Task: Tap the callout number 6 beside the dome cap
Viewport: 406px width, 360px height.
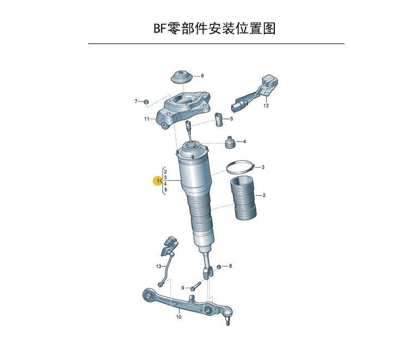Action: [202, 76]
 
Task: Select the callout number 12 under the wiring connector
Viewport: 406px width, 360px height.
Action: [266, 105]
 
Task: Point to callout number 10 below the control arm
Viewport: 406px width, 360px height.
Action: [179, 317]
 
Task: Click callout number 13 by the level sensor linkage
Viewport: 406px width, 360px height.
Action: [158, 266]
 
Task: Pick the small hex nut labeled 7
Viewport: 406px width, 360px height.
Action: [146, 102]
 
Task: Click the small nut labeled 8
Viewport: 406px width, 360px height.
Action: [219, 266]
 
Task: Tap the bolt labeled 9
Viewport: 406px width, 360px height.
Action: [196, 286]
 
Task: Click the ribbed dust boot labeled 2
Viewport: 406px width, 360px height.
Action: [243, 198]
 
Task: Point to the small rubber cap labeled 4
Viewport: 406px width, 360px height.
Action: [230, 142]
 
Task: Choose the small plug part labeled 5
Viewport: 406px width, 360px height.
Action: [218, 120]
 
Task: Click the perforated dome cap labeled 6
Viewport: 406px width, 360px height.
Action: [182, 77]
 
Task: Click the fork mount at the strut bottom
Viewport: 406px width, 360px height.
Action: [208, 272]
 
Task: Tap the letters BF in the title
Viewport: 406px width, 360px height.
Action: [160, 28]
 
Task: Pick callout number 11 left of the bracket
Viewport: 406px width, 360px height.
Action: [146, 119]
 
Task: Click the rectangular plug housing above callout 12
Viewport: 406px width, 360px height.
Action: [270, 80]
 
